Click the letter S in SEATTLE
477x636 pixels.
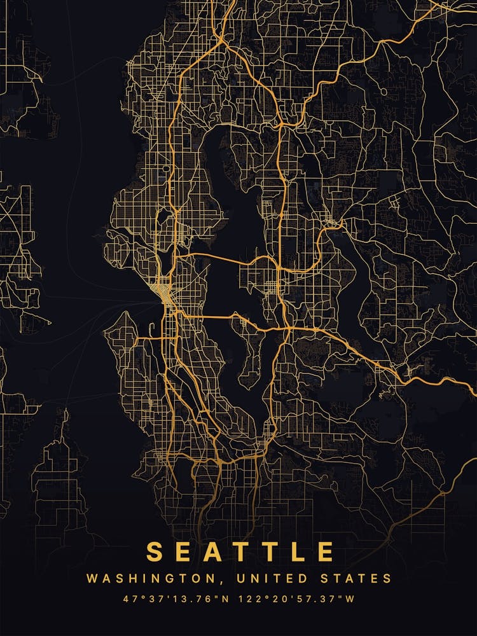point(154,551)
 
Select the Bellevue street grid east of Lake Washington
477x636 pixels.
point(261,280)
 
